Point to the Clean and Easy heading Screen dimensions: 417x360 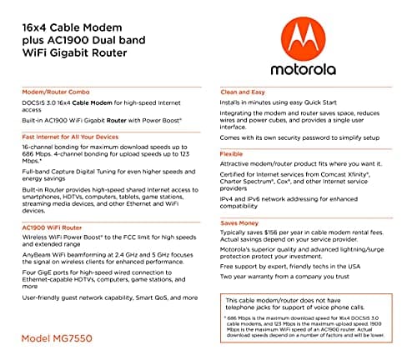tap(244, 92)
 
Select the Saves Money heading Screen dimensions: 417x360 tap(241, 222)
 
